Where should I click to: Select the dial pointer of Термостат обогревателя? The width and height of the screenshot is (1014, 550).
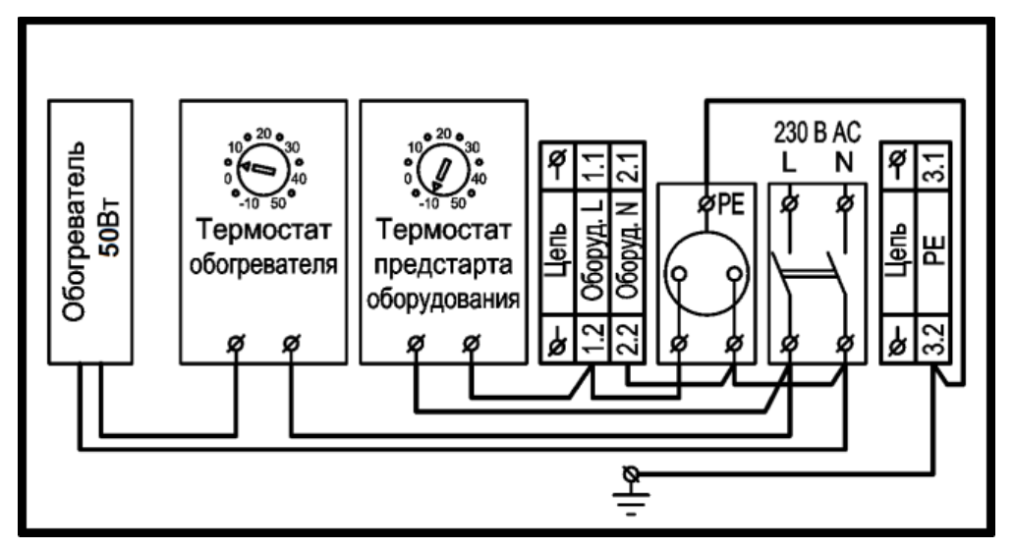pos(256,169)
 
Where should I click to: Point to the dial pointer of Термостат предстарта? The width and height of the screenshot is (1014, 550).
pos(442,173)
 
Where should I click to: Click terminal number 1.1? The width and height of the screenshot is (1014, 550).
pos(593,166)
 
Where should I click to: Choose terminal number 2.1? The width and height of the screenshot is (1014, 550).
pos(629,166)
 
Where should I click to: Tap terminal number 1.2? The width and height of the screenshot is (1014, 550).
pos(593,340)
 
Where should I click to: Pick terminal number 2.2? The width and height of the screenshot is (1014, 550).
pos(629,340)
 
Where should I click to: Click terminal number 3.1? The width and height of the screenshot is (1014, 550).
pos(933,166)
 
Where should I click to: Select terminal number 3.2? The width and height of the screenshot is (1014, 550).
pos(933,340)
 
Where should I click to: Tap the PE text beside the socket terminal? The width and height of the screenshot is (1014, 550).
pos(731,204)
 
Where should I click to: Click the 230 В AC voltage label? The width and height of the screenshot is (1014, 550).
pos(817,132)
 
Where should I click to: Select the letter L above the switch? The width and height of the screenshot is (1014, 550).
pos(788,162)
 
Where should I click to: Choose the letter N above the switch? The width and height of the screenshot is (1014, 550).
pos(844,162)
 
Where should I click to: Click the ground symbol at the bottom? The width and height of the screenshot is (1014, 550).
pos(631,490)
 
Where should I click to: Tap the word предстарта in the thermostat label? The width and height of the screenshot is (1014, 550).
pos(444,265)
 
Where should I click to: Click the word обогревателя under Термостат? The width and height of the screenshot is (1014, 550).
pos(263,264)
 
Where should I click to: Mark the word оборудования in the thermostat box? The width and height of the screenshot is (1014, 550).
pos(443,300)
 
